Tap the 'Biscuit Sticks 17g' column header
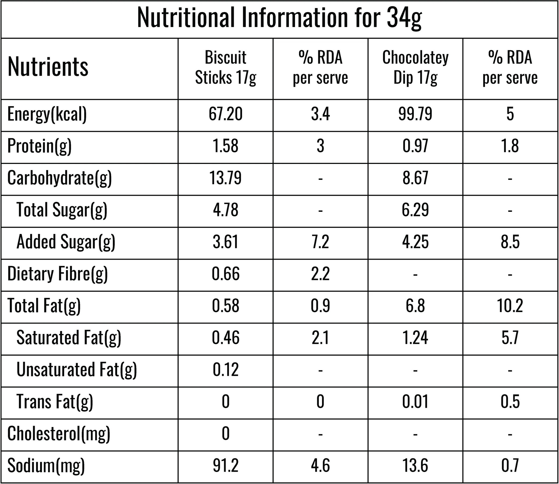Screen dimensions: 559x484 pos(226,68)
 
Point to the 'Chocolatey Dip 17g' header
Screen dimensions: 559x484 pos(415,68)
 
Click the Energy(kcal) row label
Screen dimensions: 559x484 pos(47,114)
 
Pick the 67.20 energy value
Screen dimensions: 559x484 pos(226,114)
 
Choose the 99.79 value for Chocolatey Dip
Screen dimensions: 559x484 pos(415,114)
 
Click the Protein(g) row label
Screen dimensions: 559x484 pos(39,146)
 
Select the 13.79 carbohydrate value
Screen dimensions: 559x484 pos(226,178)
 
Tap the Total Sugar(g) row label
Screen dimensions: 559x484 pos(62,210)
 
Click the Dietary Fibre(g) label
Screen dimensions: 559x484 pos(58,274)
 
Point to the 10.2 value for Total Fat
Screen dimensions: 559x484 pos(510,306)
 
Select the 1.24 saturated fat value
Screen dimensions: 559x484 pos(415,337)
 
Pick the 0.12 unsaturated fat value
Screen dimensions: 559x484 pos(226,369)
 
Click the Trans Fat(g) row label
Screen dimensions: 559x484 pos(55,402)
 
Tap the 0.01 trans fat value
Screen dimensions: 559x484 pos(415,401)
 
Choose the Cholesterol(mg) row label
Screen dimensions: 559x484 pos(59,434)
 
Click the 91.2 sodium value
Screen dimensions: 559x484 pos(226,465)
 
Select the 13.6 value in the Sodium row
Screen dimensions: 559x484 pos(415,465)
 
